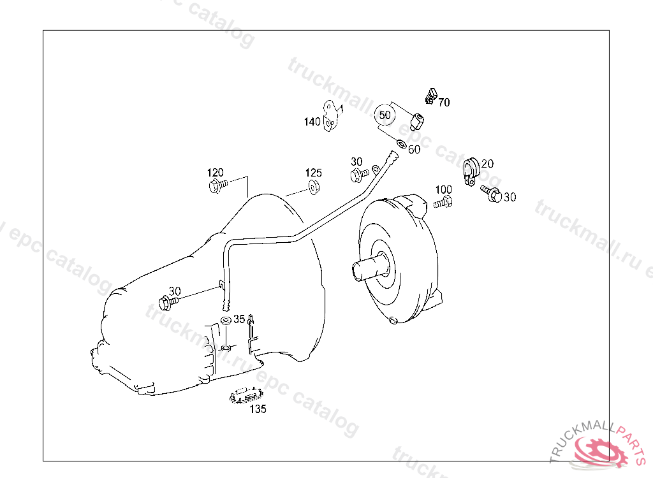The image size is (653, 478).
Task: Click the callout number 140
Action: point(312,122)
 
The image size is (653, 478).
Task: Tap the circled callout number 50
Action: point(385,115)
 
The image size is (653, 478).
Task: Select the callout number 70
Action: point(444,102)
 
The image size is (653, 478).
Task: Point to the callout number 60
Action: point(414,150)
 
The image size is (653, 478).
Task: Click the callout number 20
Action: point(487,164)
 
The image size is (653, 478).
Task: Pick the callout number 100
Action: point(443,190)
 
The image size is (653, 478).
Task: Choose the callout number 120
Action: point(215,173)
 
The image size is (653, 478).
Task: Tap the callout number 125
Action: point(313,173)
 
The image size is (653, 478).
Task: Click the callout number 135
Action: point(258,409)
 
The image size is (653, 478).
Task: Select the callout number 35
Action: point(238,318)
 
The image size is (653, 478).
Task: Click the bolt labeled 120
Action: point(216,186)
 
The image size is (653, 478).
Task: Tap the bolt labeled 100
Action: point(443,203)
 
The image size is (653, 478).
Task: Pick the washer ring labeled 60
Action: point(401,143)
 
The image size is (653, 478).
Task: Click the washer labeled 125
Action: point(314,186)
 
